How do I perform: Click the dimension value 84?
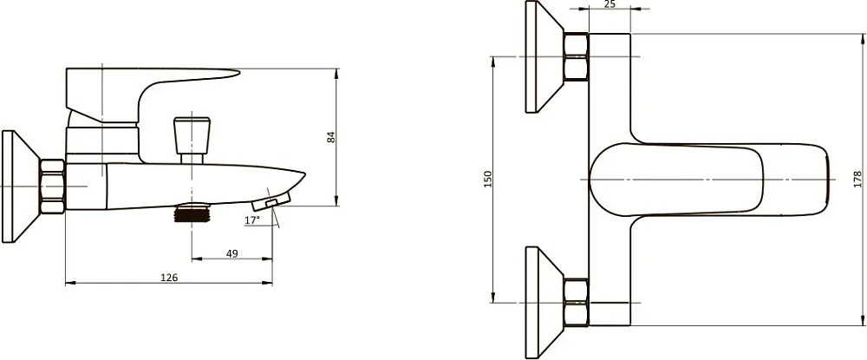pyautogui.click(x=331, y=136)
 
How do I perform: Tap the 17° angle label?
pyautogui.click(x=251, y=220)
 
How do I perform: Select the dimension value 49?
pyautogui.click(x=232, y=253)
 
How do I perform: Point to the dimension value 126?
pyautogui.click(x=169, y=278)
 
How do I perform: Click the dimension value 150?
pyautogui.click(x=487, y=180)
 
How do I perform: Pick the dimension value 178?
pyautogui.click(x=857, y=180)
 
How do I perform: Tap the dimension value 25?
pyautogui.click(x=610, y=4)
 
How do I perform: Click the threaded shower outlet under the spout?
pyautogui.click(x=192, y=213)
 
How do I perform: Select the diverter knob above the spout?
pyautogui.click(x=192, y=135)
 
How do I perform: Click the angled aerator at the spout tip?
pyautogui.click(x=271, y=200)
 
